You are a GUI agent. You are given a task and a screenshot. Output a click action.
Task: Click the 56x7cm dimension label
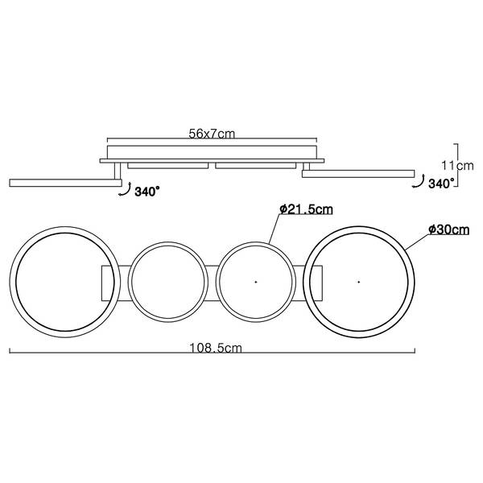[x=213, y=135]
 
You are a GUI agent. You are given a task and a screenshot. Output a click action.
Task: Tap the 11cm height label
[x=462, y=165]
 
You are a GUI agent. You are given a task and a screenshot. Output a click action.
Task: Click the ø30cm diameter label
[x=448, y=230]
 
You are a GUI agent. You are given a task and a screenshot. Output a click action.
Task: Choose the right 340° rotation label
[x=441, y=184]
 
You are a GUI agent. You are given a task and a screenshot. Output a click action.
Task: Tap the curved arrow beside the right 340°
[x=416, y=184]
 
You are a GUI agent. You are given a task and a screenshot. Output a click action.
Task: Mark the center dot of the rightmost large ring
[x=358, y=282]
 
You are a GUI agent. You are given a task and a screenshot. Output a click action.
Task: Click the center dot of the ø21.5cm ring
[x=255, y=282]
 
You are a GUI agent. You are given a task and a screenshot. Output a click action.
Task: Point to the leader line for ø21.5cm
[x=274, y=229]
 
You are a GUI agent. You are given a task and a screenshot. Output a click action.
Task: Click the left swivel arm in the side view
[x=60, y=181]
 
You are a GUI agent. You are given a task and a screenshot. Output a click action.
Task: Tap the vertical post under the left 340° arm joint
[x=118, y=170]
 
